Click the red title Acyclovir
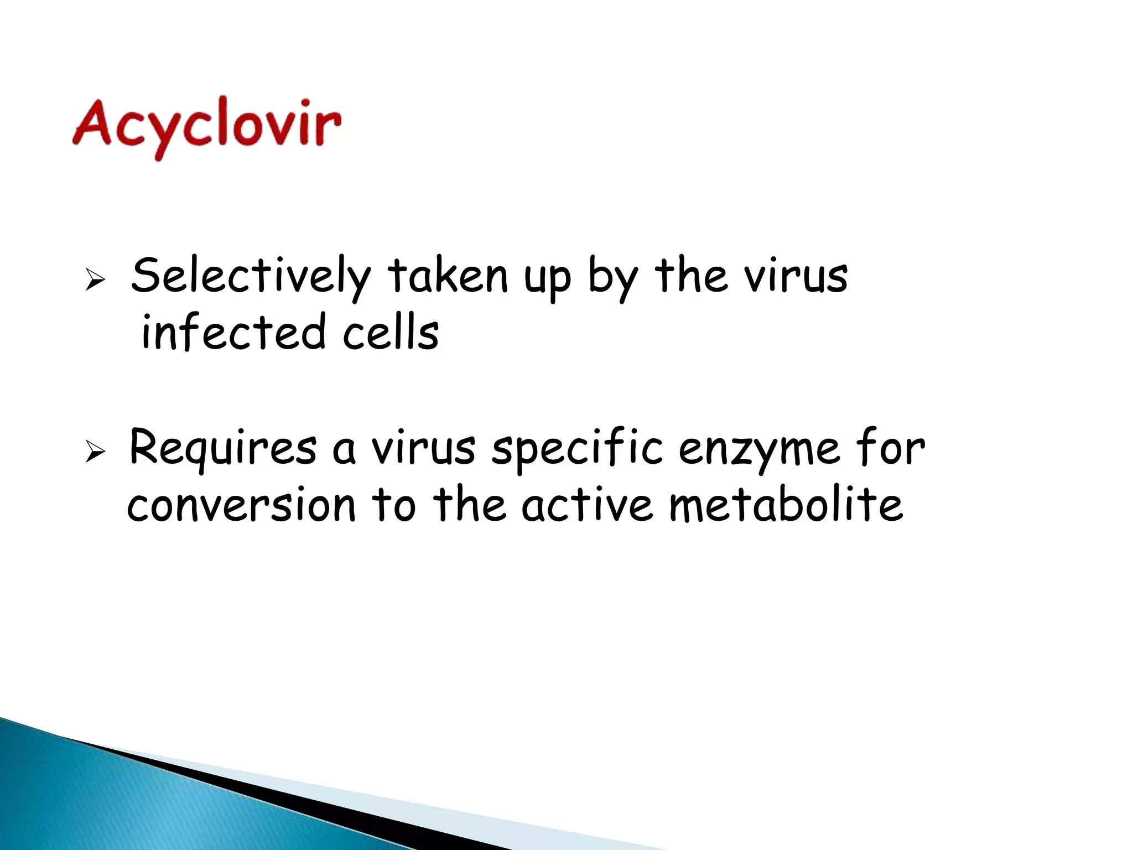206,126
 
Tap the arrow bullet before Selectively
95,281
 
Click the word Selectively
251,276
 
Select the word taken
447,276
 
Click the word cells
391,333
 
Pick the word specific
577,449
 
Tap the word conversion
241,505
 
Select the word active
587,505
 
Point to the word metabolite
786,505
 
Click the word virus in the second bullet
423,449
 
